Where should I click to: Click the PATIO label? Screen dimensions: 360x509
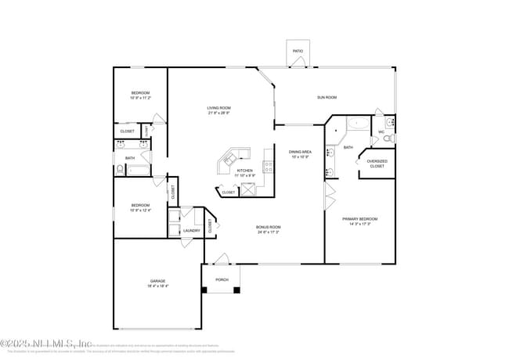point(298,51)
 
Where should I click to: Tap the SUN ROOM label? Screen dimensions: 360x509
point(327,97)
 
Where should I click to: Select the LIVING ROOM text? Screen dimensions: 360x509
point(218,108)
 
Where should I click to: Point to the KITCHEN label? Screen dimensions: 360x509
point(245,170)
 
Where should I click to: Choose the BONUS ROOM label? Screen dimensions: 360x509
point(268,227)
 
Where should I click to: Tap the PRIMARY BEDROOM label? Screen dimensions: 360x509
point(359,219)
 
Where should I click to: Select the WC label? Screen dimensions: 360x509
point(381,131)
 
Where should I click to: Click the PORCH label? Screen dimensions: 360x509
point(222,279)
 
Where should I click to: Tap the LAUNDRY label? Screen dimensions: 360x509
point(191,230)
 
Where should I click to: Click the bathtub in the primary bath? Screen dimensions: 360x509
point(357,123)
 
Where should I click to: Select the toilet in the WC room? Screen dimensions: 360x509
point(389,138)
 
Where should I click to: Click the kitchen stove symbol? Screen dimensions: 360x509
point(268,166)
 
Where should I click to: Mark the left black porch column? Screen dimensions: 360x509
point(204,290)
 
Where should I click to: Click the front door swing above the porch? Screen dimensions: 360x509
point(223,258)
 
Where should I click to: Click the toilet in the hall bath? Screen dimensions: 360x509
point(120,168)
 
